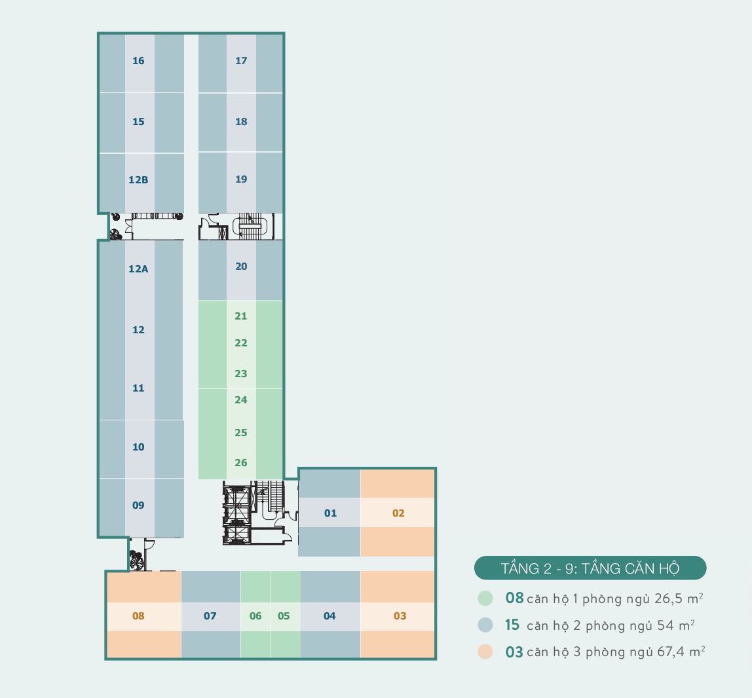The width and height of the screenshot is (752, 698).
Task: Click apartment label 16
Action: tap(138, 61)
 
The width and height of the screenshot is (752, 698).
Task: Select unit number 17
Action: tap(241, 61)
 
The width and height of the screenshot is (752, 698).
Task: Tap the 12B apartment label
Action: tap(138, 179)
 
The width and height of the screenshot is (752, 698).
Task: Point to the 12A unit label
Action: tap(138, 268)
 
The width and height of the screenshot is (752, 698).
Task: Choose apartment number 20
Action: tap(241, 266)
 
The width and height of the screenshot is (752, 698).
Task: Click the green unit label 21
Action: tap(241, 316)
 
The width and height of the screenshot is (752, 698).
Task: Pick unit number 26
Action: tap(241, 463)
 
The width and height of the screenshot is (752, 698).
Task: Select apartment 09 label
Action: tap(138, 505)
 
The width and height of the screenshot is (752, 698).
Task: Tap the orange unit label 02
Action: tap(398, 513)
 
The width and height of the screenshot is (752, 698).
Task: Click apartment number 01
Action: tap(330, 513)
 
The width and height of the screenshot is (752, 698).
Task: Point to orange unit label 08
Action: tap(138, 616)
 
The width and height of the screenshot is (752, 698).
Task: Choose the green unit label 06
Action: tap(255, 616)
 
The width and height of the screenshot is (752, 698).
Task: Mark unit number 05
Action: tap(284, 616)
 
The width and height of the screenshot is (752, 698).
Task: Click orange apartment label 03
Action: tap(400, 616)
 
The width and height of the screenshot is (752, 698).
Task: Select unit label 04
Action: tap(329, 616)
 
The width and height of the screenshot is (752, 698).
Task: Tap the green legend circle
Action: tap(485, 598)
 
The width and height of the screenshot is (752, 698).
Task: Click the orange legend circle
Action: tap(485, 652)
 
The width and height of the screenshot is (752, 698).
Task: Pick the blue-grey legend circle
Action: tap(485, 625)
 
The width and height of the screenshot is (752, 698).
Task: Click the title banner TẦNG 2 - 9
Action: tap(590, 568)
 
